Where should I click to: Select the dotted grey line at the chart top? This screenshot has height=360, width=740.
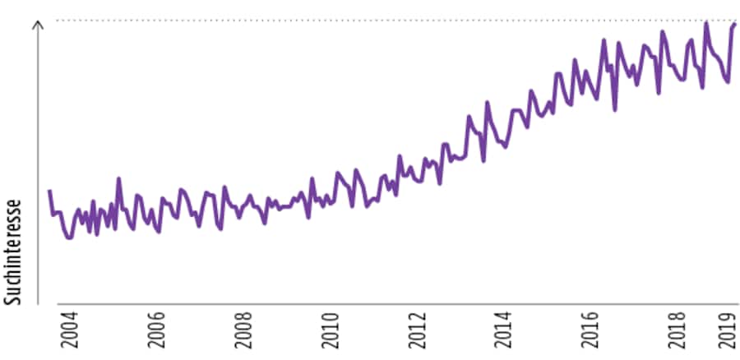(x=386, y=20)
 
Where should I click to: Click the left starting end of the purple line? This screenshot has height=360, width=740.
(x=49, y=191)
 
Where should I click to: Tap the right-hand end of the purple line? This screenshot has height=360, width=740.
(x=735, y=24)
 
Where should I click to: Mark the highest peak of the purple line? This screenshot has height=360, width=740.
(x=706, y=22)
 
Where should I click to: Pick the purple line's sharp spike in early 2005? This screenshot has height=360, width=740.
(x=118, y=178)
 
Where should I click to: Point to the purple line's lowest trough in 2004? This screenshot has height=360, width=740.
(x=69, y=238)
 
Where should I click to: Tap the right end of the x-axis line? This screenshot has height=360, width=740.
(x=738, y=305)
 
